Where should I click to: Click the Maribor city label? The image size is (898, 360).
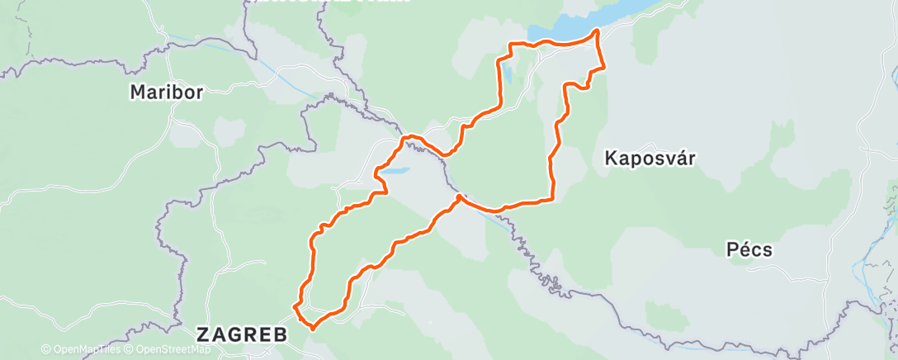click(x=166, y=92)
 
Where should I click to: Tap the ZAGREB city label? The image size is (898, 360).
click(x=241, y=334)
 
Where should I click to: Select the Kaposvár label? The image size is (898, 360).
click(x=650, y=158)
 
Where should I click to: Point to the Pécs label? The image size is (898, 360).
click(x=749, y=249)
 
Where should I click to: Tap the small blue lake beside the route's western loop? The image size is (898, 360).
click(x=395, y=172)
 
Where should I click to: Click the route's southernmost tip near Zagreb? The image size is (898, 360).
click(x=313, y=327)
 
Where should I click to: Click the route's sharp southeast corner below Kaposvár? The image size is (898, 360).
click(x=551, y=199)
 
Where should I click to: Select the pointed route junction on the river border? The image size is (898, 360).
click(x=458, y=197)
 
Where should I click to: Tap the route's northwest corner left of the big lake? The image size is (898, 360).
click(x=510, y=44)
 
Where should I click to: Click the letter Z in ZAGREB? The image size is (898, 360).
click(x=202, y=334)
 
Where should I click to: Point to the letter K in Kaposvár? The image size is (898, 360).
click(x=611, y=158)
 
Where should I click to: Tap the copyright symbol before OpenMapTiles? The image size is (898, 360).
click(x=45, y=350)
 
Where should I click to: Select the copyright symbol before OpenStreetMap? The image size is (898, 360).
click(x=130, y=350)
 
